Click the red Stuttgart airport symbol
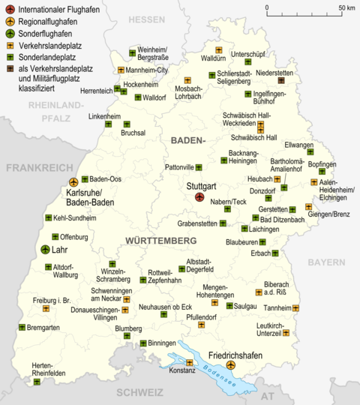click(x=199, y=196)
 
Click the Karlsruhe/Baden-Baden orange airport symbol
click(x=73, y=181)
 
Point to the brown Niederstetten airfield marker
click(x=281, y=80)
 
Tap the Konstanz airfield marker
click(x=190, y=363)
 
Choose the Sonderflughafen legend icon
click(x=9, y=33)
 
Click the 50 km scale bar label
click(x=346, y=7)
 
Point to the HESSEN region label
click(x=145, y=19)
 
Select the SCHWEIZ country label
click(x=139, y=392)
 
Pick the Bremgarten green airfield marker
click(x=22, y=327)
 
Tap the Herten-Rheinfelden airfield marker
click(x=37, y=382)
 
